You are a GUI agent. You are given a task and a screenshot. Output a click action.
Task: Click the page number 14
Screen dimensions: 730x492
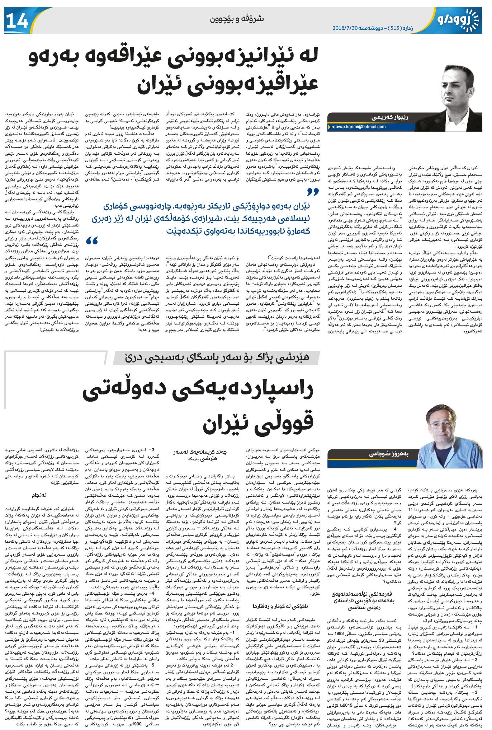click(17, 20)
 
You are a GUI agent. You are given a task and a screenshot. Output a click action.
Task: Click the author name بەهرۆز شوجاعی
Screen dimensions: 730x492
click(389, 454)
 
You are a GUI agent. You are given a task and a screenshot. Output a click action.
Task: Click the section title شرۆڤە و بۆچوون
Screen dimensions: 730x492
click(237, 19)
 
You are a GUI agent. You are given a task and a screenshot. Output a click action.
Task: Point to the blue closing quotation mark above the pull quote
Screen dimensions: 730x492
click(313, 193)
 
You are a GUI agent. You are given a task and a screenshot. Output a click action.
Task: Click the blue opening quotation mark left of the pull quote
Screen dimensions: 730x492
click(92, 240)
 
